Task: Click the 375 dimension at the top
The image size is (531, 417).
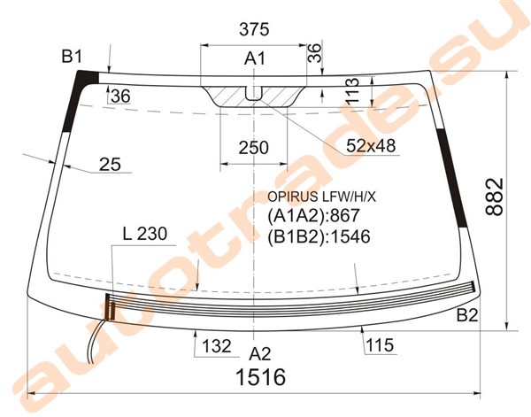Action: click(x=254, y=29)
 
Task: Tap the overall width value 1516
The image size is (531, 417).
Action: click(x=260, y=377)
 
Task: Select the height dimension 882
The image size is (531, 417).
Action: click(x=495, y=197)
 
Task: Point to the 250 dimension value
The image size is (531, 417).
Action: click(x=253, y=148)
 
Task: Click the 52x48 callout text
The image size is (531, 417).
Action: click(x=371, y=146)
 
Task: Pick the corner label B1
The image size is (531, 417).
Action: click(x=72, y=57)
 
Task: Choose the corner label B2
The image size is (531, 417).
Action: click(x=467, y=315)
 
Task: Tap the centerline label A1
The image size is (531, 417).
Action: click(x=255, y=58)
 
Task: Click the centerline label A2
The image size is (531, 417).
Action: click(x=259, y=354)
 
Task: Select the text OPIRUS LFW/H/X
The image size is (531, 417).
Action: click(x=322, y=197)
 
